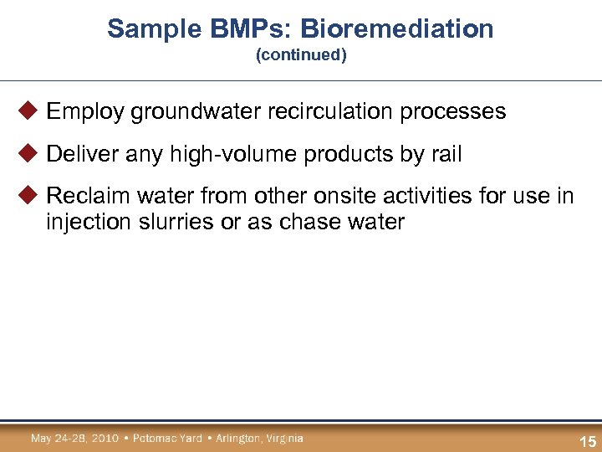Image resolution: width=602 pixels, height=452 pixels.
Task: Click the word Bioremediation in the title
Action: tap(397, 29)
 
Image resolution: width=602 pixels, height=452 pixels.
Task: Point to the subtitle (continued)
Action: tap(301, 55)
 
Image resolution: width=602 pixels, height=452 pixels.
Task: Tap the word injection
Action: tap(87, 223)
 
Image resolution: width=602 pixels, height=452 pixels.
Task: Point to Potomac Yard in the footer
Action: tap(168, 438)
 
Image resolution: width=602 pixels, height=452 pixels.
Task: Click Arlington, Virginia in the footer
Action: tap(259, 438)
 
